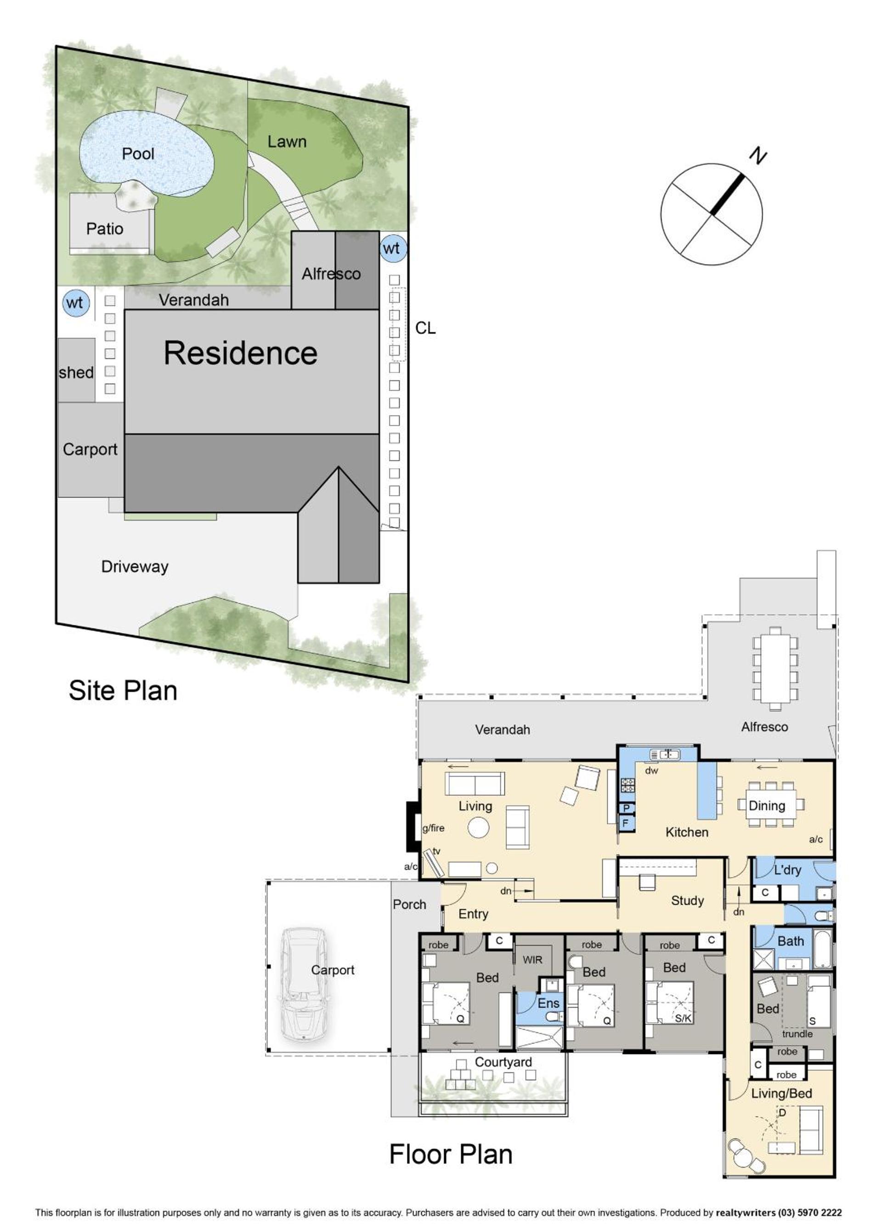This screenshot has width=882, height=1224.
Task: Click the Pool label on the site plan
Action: tap(138, 154)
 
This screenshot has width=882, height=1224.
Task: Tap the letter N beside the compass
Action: tap(758, 157)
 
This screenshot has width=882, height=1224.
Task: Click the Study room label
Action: tap(687, 900)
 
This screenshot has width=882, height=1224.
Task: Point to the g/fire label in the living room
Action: tap(433, 828)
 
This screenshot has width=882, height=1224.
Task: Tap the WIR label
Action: tap(532, 959)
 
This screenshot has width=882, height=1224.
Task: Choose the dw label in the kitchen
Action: tap(652, 771)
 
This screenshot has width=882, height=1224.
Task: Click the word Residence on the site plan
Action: tap(241, 353)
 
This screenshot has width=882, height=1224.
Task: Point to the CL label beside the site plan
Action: tap(425, 328)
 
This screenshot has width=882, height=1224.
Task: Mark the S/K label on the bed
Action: tap(684, 1018)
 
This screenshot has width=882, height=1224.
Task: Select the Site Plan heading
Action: tap(123, 690)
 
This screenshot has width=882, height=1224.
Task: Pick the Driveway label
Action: tap(135, 566)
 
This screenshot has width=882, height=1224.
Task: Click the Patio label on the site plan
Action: tap(105, 229)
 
